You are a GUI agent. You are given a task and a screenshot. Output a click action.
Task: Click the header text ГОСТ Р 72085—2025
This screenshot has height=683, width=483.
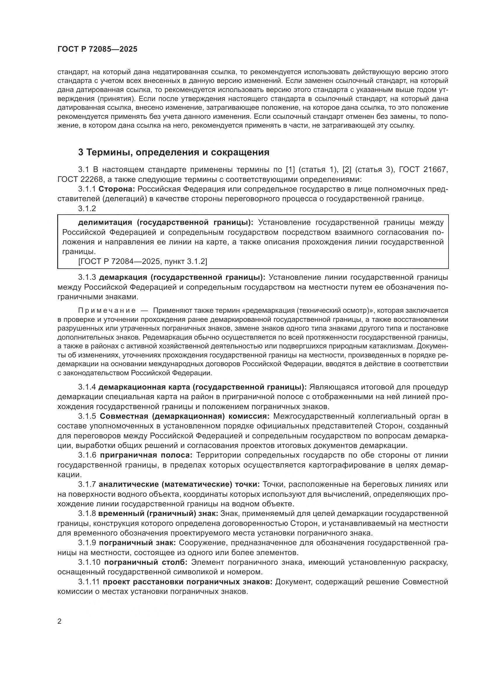pyautogui.click(x=97, y=49)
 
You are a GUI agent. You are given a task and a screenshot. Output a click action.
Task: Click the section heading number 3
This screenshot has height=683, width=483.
pyautogui.click(x=81, y=153)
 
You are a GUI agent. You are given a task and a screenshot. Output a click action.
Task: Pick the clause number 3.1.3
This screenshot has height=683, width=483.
pyautogui.click(x=87, y=277)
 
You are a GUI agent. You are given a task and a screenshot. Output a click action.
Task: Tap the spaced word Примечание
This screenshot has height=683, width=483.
pyautogui.click(x=107, y=311)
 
